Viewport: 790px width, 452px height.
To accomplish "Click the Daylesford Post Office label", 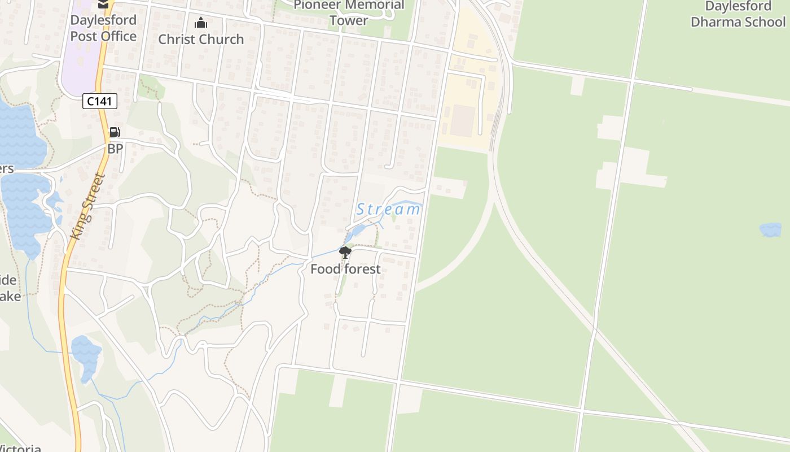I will [103, 28].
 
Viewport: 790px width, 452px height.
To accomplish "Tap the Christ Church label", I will [201, 39].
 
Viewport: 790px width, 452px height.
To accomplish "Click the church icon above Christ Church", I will [201, 23].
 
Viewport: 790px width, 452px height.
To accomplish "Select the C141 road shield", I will [100, 101].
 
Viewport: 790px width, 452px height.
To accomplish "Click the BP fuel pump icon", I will [115, 133].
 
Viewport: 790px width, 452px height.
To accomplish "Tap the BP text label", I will [115, 149].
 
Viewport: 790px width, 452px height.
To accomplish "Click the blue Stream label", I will [388, 210].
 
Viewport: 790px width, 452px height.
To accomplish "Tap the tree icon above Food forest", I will [345, 253].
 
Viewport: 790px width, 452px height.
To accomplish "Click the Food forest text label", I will [345, 269].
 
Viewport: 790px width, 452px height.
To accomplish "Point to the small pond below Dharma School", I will [770, 229].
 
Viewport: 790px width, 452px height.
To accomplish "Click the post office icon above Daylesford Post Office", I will [103, 4].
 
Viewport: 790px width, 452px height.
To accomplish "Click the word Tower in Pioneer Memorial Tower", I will [349, 21].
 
